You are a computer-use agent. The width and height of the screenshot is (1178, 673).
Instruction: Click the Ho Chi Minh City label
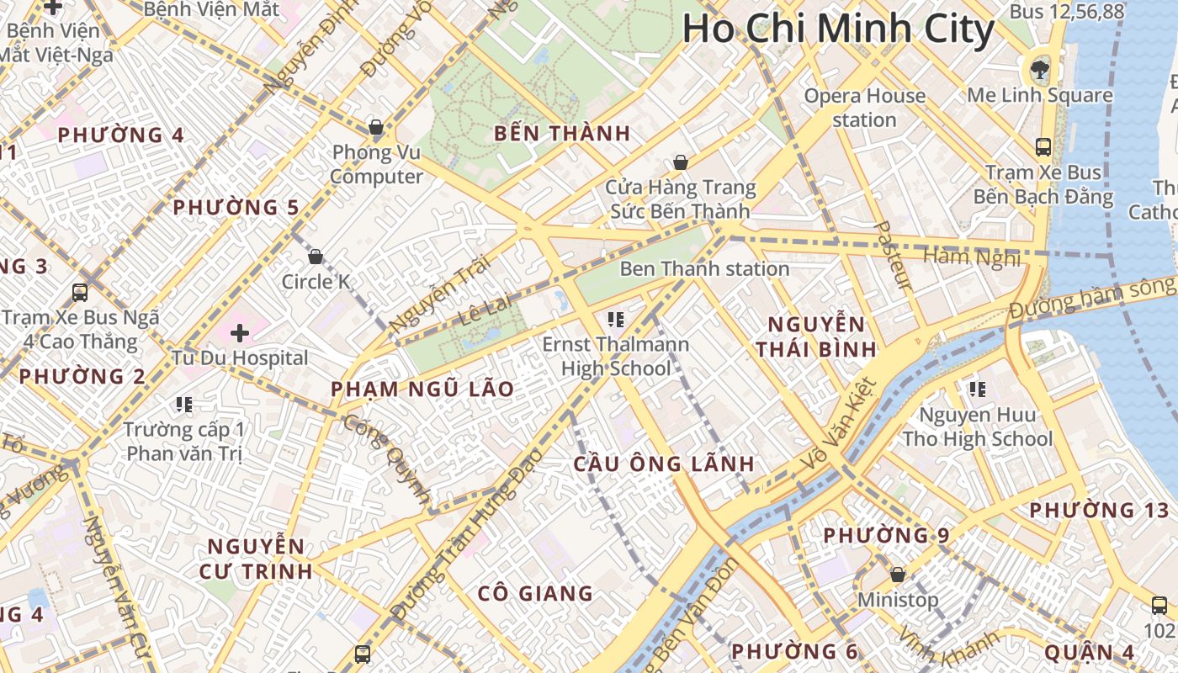pos(838,29)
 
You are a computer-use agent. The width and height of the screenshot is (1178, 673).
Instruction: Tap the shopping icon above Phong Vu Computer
pos(376,128)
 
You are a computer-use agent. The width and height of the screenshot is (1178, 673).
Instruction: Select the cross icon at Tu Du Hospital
pos(240,333)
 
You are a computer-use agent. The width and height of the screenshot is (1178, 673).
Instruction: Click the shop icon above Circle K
pos(316,257)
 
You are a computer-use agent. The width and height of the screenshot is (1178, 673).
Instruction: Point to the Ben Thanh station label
pos(704,269)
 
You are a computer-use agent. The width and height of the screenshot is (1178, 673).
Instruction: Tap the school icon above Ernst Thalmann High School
pos(615,319)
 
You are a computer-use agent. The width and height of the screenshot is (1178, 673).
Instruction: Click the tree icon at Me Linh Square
pos(1040,69)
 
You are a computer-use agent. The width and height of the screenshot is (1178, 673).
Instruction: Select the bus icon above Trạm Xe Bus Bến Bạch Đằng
pos(1043,147)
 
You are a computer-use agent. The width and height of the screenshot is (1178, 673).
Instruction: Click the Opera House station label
pos(864,108)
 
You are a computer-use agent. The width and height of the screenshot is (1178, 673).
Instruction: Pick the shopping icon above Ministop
pos(898,575)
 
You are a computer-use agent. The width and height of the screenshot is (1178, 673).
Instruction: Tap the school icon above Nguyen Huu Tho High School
pos(977,389)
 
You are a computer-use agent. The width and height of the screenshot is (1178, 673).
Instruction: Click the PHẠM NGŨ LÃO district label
pos(422,389)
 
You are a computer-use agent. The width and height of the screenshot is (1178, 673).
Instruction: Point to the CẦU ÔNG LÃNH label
pos(664,464)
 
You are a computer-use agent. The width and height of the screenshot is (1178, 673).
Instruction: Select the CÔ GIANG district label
pos(535,593)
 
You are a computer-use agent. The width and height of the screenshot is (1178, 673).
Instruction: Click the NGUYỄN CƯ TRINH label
pos(256,559)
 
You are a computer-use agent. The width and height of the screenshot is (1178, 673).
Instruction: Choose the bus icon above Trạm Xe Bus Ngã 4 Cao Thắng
pos(80,293)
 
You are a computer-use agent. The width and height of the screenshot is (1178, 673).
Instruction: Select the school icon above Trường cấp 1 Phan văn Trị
pos(184,405)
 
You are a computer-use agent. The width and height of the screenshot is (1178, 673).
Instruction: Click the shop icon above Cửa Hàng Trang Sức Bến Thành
pos(681,162)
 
